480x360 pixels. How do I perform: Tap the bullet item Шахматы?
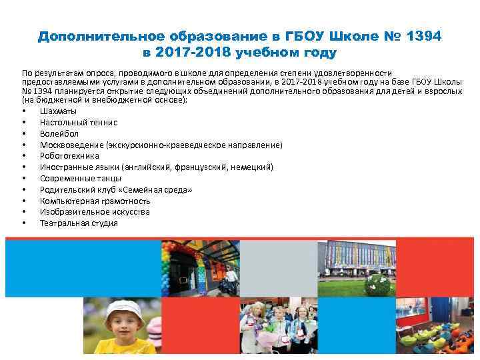pos(58,111)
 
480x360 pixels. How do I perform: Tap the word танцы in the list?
pos(107,178)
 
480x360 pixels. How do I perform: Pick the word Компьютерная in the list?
pos(67,201)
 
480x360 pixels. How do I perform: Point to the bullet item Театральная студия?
pos(79,223)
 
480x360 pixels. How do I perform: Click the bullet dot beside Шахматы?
pos(24,111)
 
